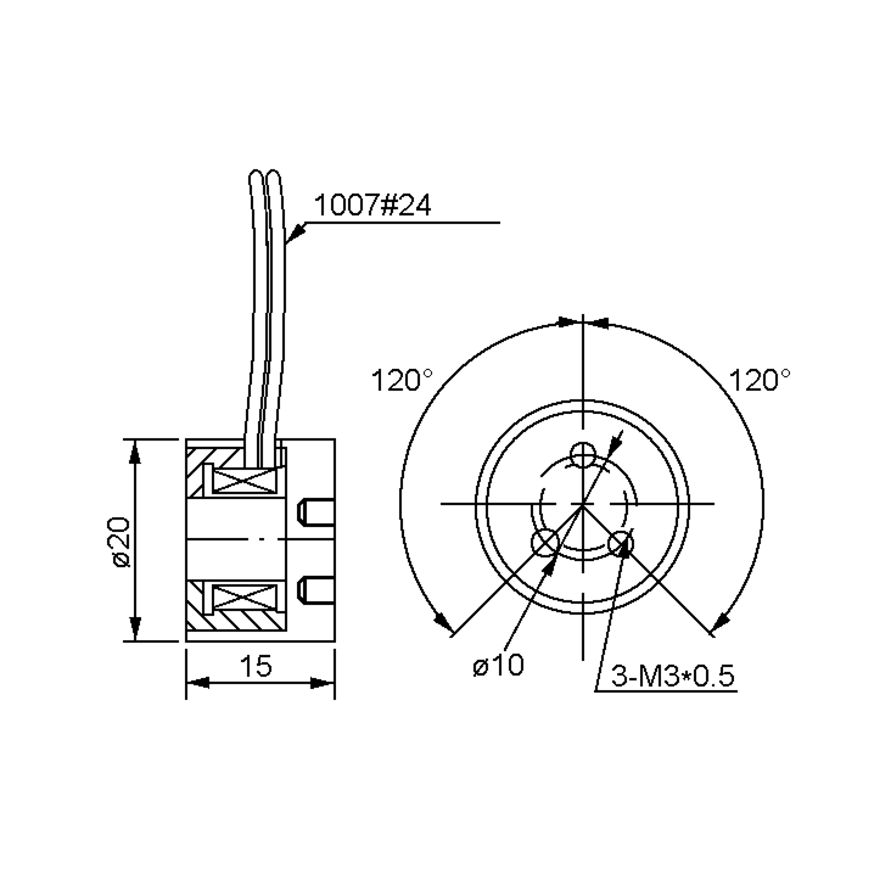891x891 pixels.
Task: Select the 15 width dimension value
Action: [x=257, y=666]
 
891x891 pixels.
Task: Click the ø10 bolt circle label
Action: [x=498, y=665]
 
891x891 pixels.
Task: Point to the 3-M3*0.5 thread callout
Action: [x=672, y=676]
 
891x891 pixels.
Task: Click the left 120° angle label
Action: [x=402, y=381]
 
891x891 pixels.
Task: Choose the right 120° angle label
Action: [x=758, y=381]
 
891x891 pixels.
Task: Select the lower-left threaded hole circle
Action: [x=545, y=543]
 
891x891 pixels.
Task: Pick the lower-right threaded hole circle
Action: [x=621, y=543]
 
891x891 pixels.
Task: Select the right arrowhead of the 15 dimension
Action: [x=322, y=683]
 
